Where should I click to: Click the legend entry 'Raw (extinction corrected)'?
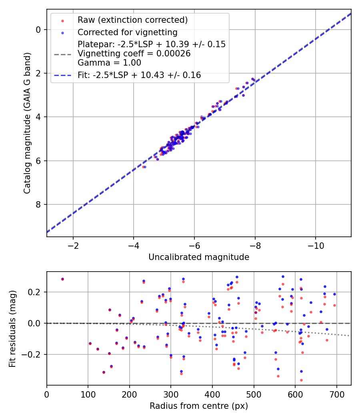click(132, 20)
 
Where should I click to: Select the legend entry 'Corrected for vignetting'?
click(127, 32)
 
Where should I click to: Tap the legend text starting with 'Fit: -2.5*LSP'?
click(139, 75)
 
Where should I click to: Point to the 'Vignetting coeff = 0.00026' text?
click(134, 54)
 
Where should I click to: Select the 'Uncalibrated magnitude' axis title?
click(199, 257)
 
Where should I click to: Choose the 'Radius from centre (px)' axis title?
click(199, 406)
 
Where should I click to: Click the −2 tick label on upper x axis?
click(73, 245)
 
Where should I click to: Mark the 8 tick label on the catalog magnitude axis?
click(39, 204)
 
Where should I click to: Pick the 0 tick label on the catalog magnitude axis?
click(39, 30)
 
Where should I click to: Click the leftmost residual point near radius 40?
click(62, 279)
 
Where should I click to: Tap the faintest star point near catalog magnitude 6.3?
click(144, 167)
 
